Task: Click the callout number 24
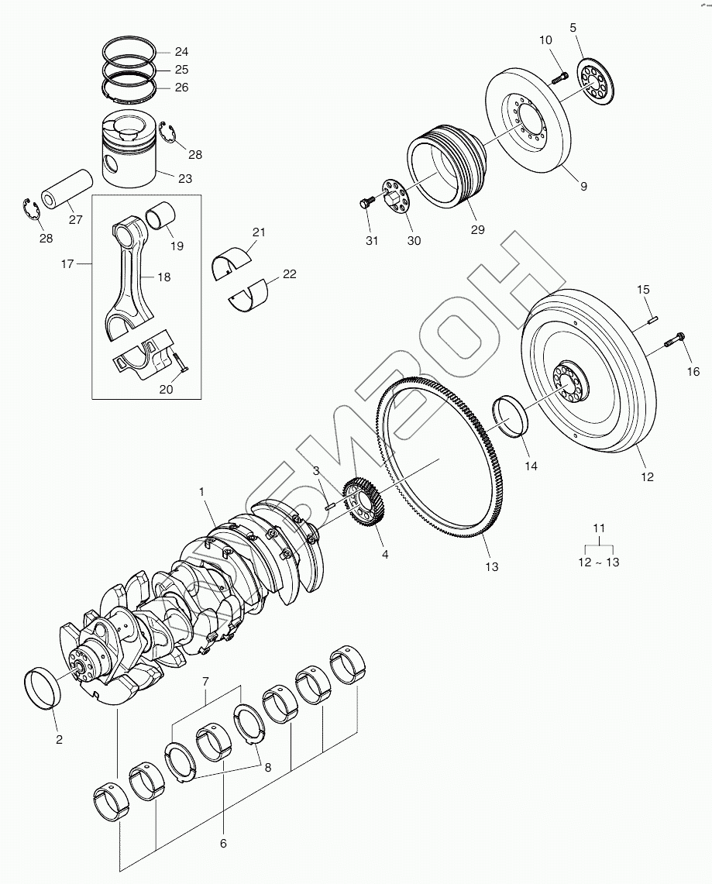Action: (181, 52)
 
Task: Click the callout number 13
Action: (491, 566)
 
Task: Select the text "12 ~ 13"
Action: (598, 562)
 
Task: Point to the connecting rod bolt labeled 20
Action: (179, 360)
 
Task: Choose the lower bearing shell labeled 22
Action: (250, 297)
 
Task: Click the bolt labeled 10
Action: (560, 77)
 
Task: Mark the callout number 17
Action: (67, 264)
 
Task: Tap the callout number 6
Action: (223, 843)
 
